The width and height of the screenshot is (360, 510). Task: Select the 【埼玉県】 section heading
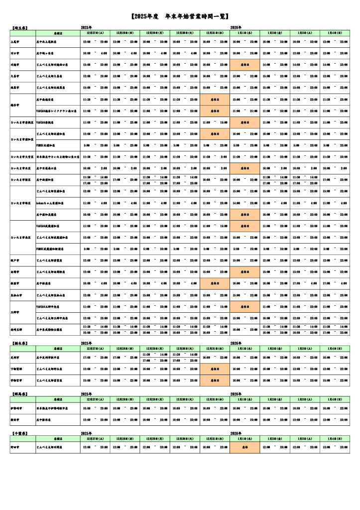click(x=19, y=27)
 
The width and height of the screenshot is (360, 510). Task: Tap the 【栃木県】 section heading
click(x=19, y=343)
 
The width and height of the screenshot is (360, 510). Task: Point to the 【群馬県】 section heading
click(x=19, y=393)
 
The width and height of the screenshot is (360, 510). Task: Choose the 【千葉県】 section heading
click(x=19, y=434)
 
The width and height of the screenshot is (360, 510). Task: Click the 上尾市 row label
click(x=15, y=41)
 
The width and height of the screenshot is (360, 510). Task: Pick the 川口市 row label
click(x=15, y=53)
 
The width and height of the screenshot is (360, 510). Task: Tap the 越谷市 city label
click(x=15, y=105)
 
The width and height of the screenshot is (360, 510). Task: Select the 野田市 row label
click(x=15, y=448)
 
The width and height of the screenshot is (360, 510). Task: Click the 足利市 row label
click(x=15, y=357)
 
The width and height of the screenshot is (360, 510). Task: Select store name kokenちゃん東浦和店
click(x=53, y=203)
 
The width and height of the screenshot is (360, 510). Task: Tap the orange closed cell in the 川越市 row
click(x=244, y=65)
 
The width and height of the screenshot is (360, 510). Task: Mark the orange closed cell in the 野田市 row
click(x=244, y=448)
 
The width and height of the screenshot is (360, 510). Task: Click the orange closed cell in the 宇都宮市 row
click(x=215, y=381)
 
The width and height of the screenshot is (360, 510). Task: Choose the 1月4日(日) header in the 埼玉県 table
click(x=335, y=32)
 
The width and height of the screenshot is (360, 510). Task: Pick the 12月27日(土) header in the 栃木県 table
click(x=95, y=349)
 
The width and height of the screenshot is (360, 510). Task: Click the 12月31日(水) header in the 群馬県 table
click(x=215, y=399)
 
